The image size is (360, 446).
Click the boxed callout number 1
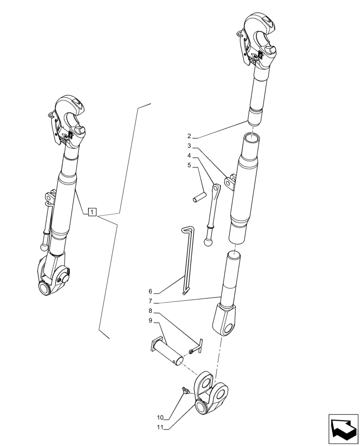point(92,212)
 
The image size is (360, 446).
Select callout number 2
point(189,136)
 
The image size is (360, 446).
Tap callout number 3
point(189,146)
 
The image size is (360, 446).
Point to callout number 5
point(189,165)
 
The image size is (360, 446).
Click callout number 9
point(151,321)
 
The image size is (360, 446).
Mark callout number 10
point(160,418)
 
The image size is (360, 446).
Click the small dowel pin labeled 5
point(198,198)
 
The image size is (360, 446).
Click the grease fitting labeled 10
point(184,391)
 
